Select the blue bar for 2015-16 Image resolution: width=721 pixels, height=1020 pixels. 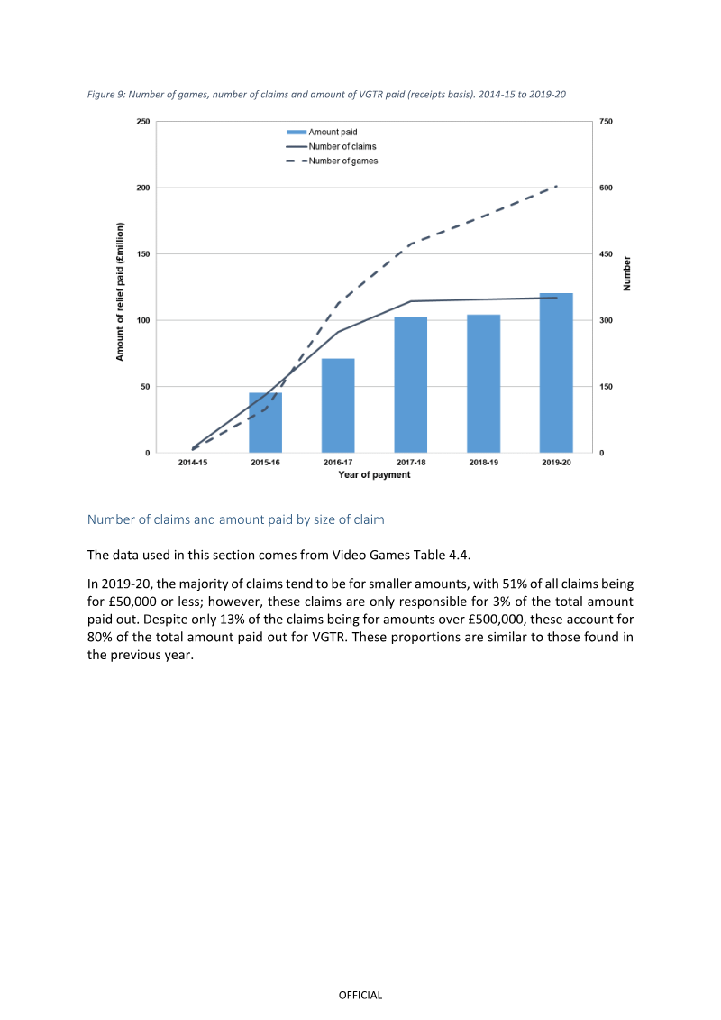click(x=265, y=423)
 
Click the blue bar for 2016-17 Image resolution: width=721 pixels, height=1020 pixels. click(x=338, y=405)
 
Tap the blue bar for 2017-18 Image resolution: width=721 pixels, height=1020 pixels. click(x=411, y=385)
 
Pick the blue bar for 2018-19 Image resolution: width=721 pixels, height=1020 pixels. click(x=484, y=384)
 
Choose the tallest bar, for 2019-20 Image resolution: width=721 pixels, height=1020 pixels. click(x=556, y=372)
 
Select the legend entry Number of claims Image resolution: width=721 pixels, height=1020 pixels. click(x=331, y=146)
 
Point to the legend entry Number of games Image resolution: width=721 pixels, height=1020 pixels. click(x=332, y=161)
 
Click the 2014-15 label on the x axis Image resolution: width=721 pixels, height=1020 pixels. click(x=193, y=463)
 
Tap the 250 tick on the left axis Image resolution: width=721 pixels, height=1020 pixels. click(x=143, y=122)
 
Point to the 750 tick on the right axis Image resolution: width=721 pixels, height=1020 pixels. click(x=606, y=122)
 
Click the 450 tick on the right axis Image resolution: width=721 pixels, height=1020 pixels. click(x=606, y=254)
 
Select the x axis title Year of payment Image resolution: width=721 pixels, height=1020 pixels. click(x=375, y=475)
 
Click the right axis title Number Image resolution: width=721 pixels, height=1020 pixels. click(x=626, y=273)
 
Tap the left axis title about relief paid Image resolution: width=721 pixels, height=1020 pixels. click(x=120, y=291)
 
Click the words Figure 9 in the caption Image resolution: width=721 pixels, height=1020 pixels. click(x=106, y=95)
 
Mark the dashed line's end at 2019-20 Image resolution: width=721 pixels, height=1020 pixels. click(x=557, y=187)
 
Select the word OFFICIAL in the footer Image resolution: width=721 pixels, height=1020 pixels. click(x=360, y=996)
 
